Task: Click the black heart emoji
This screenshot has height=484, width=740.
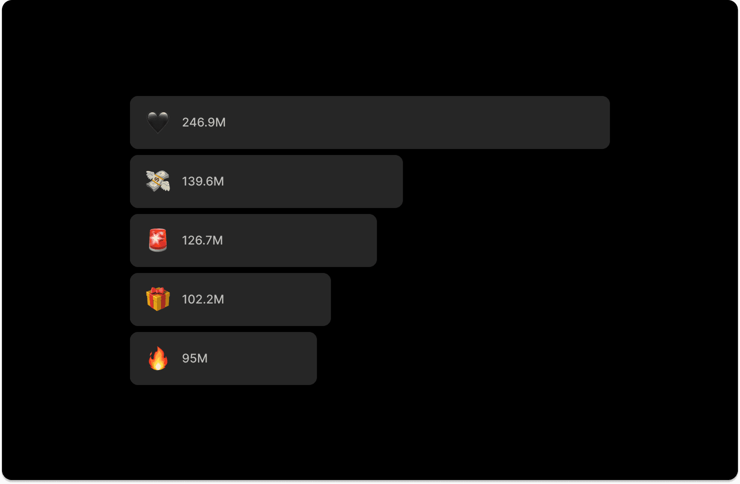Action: click(157, 122)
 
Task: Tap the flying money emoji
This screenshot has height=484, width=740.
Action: click(157, 181)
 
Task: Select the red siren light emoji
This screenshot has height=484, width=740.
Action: click(157, 240)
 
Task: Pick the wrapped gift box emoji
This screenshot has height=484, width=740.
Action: click(157, 299)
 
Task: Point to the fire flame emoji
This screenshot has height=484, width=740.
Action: click(157, 358)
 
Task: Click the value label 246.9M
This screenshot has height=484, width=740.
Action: click(203, 122)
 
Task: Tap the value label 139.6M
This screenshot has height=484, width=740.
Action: click(202, 181)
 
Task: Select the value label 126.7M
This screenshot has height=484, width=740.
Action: click(202, 240)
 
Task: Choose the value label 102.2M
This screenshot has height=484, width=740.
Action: click(202, 299)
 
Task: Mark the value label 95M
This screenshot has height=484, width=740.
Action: click(194, 358)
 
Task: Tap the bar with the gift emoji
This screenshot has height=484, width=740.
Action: click(275, 299)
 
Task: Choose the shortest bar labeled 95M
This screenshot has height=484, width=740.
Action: click(260, 358)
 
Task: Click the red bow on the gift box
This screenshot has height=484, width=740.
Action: click(158, 291)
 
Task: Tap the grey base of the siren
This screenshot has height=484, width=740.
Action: click(157, 248)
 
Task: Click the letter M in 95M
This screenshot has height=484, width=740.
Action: click(202, 358)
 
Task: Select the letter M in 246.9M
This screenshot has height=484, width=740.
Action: click(220, 122)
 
